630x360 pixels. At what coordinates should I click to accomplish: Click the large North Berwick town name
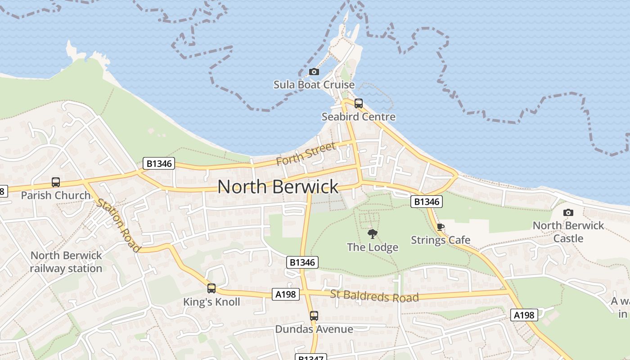(x=278, y=187)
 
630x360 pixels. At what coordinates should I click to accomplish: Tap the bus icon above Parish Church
(x=56, y=182)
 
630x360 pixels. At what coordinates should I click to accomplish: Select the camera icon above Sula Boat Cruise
(x=314, y=72)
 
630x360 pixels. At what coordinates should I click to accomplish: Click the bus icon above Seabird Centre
(x=359, y=103)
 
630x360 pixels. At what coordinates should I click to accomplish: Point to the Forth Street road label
(x=306, y=153)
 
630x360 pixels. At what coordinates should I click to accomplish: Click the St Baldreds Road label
(x=374, y=297)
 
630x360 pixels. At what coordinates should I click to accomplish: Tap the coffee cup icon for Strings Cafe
(x=440, y=227)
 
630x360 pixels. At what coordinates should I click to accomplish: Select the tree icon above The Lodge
(x=373, y=234)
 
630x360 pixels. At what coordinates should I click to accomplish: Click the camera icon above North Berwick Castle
(x=568, y=212)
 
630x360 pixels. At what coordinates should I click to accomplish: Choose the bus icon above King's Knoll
(x=211, y=288)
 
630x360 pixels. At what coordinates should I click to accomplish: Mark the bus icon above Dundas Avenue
(x=314, y=316)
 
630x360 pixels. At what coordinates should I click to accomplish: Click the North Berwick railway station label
(x=67, y=262)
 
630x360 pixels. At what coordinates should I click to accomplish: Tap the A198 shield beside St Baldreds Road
(x=286, y=294)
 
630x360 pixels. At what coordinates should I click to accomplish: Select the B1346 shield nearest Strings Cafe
(x=427, y=202)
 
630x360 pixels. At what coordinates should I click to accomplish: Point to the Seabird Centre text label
(x=359, y=117)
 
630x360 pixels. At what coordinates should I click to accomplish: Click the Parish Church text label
(x=56, y=195)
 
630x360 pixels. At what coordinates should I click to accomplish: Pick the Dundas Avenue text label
(x=314, y=329)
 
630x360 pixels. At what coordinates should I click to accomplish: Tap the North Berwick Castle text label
(x=568, y=232)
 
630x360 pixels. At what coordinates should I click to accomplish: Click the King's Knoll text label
(x=211, y=302)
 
